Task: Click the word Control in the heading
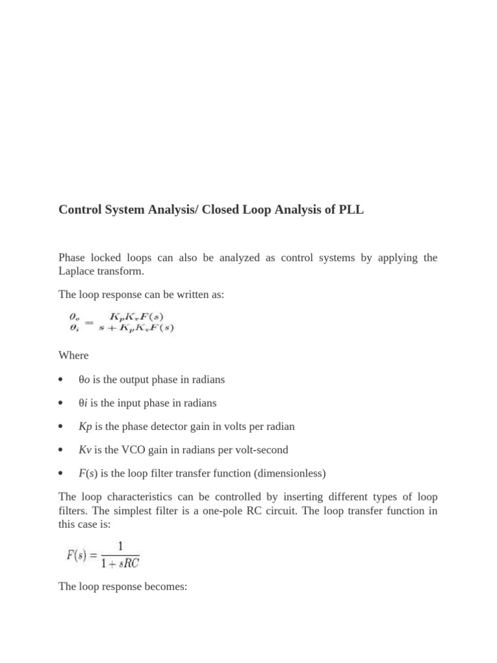81,210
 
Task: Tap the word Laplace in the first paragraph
77,271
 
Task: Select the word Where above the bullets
73,355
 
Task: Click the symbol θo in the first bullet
84,379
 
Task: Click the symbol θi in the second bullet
83,403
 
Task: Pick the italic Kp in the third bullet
85,427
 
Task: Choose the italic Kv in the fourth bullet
85,450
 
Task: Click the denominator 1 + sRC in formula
119,563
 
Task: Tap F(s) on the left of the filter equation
78,556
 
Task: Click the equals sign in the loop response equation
89,322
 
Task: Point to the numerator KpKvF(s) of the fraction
136,317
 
